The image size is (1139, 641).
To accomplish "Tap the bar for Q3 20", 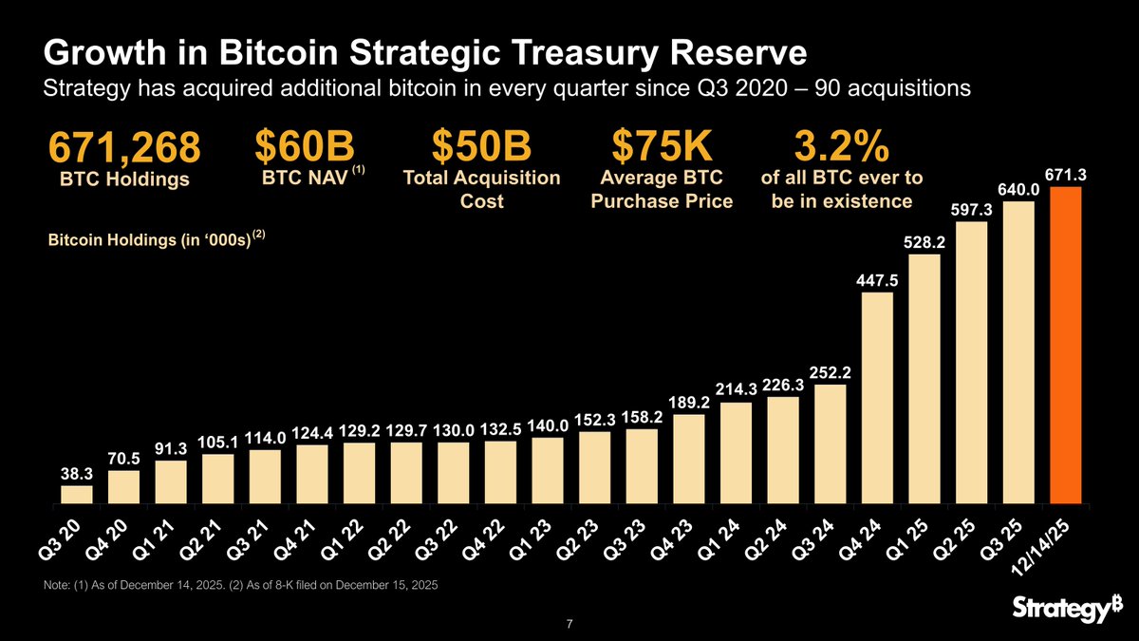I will pos(77,494).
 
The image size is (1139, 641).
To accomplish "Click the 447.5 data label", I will pos(877,281).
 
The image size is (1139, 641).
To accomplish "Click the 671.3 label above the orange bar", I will pos(1065,176).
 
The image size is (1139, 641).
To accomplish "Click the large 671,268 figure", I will pos(123,148).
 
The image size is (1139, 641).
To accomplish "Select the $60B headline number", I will pos(305,146).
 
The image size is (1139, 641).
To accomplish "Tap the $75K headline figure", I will pos(662,146).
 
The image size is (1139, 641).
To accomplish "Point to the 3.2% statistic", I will pos(841,146).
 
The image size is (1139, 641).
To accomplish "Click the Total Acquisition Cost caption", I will pos(481,190).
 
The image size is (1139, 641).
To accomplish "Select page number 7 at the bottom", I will pos(568,624).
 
